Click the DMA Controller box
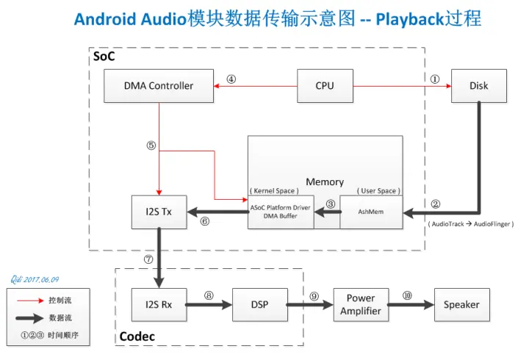(x=158, y=86)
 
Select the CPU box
(x=325, y=86)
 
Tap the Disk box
(x=479, y=86)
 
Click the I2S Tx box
(x=159, y=212)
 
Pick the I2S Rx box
(x=159, y=304)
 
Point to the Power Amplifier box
(x=361, y=304)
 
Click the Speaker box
(x=461, y=304)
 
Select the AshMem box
(x=371, y=212)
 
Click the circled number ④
(x=231, y=79)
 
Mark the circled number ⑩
(x=407, y=295)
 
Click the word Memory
(x=325, y=181)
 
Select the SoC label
(x=104, y=57)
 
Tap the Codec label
(x=137, y=338)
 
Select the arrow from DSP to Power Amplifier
(x=309, y=304)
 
